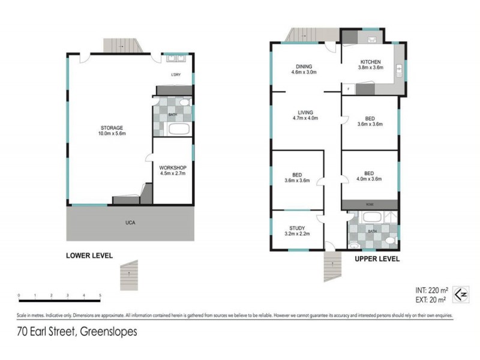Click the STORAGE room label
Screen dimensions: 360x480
(x=112, y=128)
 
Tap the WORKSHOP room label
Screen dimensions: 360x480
(x=173, y=167)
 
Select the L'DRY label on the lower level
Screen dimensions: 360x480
(x=176, y=75)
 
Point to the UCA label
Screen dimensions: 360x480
(x=130, y=223)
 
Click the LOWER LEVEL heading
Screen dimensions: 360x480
(x=89, y=255)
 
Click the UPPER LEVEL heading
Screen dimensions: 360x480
(x=376, y=259)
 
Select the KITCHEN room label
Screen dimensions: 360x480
(x=370, y=62)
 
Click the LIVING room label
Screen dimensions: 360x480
(x=304, y=112)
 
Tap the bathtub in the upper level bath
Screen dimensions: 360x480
(x=364, y=217)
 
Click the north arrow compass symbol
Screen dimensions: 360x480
(x=460, y=294)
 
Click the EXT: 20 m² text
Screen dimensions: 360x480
(x=430, y=299)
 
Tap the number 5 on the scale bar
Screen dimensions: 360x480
(x=100, y=296)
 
